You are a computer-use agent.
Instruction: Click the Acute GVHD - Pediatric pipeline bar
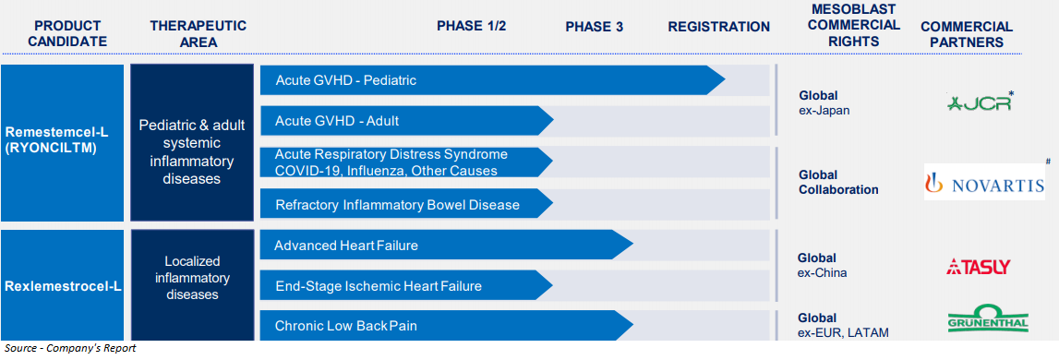[492, 80]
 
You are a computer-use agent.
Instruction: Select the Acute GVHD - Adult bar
[406, 121]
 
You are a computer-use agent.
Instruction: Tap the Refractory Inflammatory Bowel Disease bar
[406, 204]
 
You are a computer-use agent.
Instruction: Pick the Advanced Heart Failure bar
[447, 246]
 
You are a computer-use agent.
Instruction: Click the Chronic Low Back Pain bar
[447, 326]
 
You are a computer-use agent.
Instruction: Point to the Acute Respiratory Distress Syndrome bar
[406, 162]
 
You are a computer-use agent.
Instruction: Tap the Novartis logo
[985, 183]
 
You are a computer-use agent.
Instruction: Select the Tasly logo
[978, 267]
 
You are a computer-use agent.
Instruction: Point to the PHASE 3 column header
[595, 27]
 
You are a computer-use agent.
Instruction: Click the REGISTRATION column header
[718, 27]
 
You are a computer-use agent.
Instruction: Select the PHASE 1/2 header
[472, 27]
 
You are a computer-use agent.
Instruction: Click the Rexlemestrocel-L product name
[63, 286]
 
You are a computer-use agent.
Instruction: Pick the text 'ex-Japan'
[824, 110]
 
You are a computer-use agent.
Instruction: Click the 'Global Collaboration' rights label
[839, 183]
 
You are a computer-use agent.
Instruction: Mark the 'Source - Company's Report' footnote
[70, 349]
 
